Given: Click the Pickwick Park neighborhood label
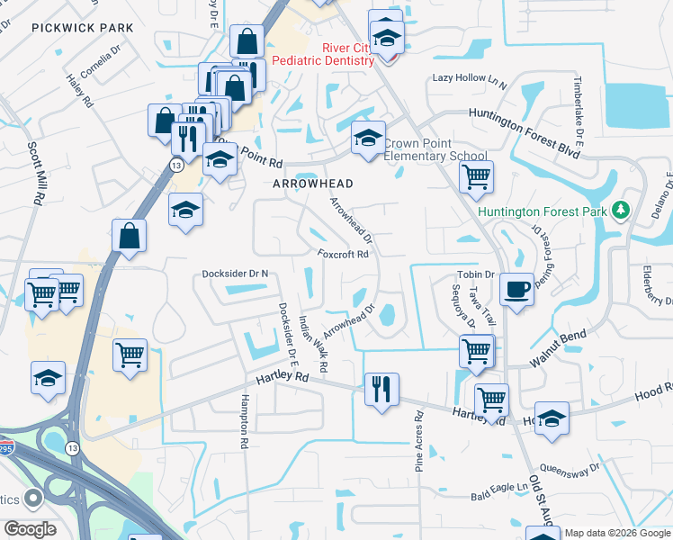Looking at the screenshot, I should tap(82, 28).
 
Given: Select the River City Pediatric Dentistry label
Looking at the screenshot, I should tap(322, 54).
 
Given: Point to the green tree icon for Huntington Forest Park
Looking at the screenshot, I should tap(619, 211).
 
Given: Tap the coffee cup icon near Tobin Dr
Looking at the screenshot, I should tap(516, 290).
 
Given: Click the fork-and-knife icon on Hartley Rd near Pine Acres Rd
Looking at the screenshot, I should tap(381, 390).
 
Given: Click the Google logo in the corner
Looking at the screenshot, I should tap(30, 529).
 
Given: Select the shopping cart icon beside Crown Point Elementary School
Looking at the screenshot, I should tap(476, 175).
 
